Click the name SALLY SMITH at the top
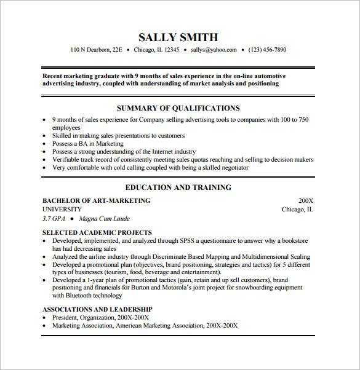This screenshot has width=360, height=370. coord(178,37)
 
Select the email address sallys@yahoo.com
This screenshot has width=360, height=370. coord(213,50)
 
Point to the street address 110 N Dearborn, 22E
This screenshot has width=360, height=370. coord(97,50)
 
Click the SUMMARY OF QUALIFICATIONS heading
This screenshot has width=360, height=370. coord(178,108)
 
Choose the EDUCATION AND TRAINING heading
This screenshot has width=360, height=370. coord(178,187)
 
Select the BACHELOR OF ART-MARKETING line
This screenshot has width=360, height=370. coord(96,200)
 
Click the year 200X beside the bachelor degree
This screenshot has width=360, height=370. coord(306,200)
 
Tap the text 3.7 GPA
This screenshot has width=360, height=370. coord(54,218)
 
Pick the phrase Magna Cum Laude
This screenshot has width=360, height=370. coord(104,218)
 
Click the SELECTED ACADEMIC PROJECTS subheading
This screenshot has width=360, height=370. coord(97,233)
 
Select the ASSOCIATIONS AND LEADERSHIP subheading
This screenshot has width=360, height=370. coord(97,309)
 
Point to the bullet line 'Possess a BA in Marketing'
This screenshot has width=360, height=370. coord(88,143)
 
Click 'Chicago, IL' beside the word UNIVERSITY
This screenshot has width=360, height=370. coord(297,209)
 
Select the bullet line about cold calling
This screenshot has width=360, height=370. coord(150,167)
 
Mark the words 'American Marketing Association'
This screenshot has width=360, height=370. coord(160,325)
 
